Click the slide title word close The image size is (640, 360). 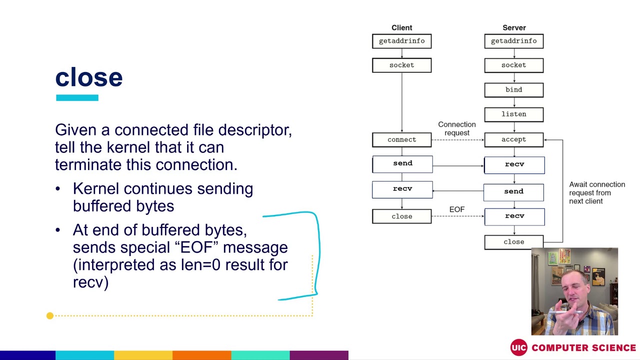(88, 77)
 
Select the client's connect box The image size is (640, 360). (401, 139)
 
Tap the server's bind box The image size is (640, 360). (513, 90)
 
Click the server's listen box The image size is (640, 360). (513, 114)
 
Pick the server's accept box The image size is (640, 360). (513, 139)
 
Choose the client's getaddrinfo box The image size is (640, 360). (401, 41)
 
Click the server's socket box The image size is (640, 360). (513, 65)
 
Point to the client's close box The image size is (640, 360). (401, 216)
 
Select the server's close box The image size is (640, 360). (513, 242)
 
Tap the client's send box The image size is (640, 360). (402, 163)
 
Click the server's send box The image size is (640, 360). (513, 191)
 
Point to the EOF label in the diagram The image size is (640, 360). (456, 209)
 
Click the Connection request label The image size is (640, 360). (456, 128)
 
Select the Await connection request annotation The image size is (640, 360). (596, 192)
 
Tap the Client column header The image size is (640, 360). (401, 28)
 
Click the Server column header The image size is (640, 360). (513, 28)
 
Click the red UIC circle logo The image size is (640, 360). (518, 347)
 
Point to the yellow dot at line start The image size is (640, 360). (50, 315)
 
